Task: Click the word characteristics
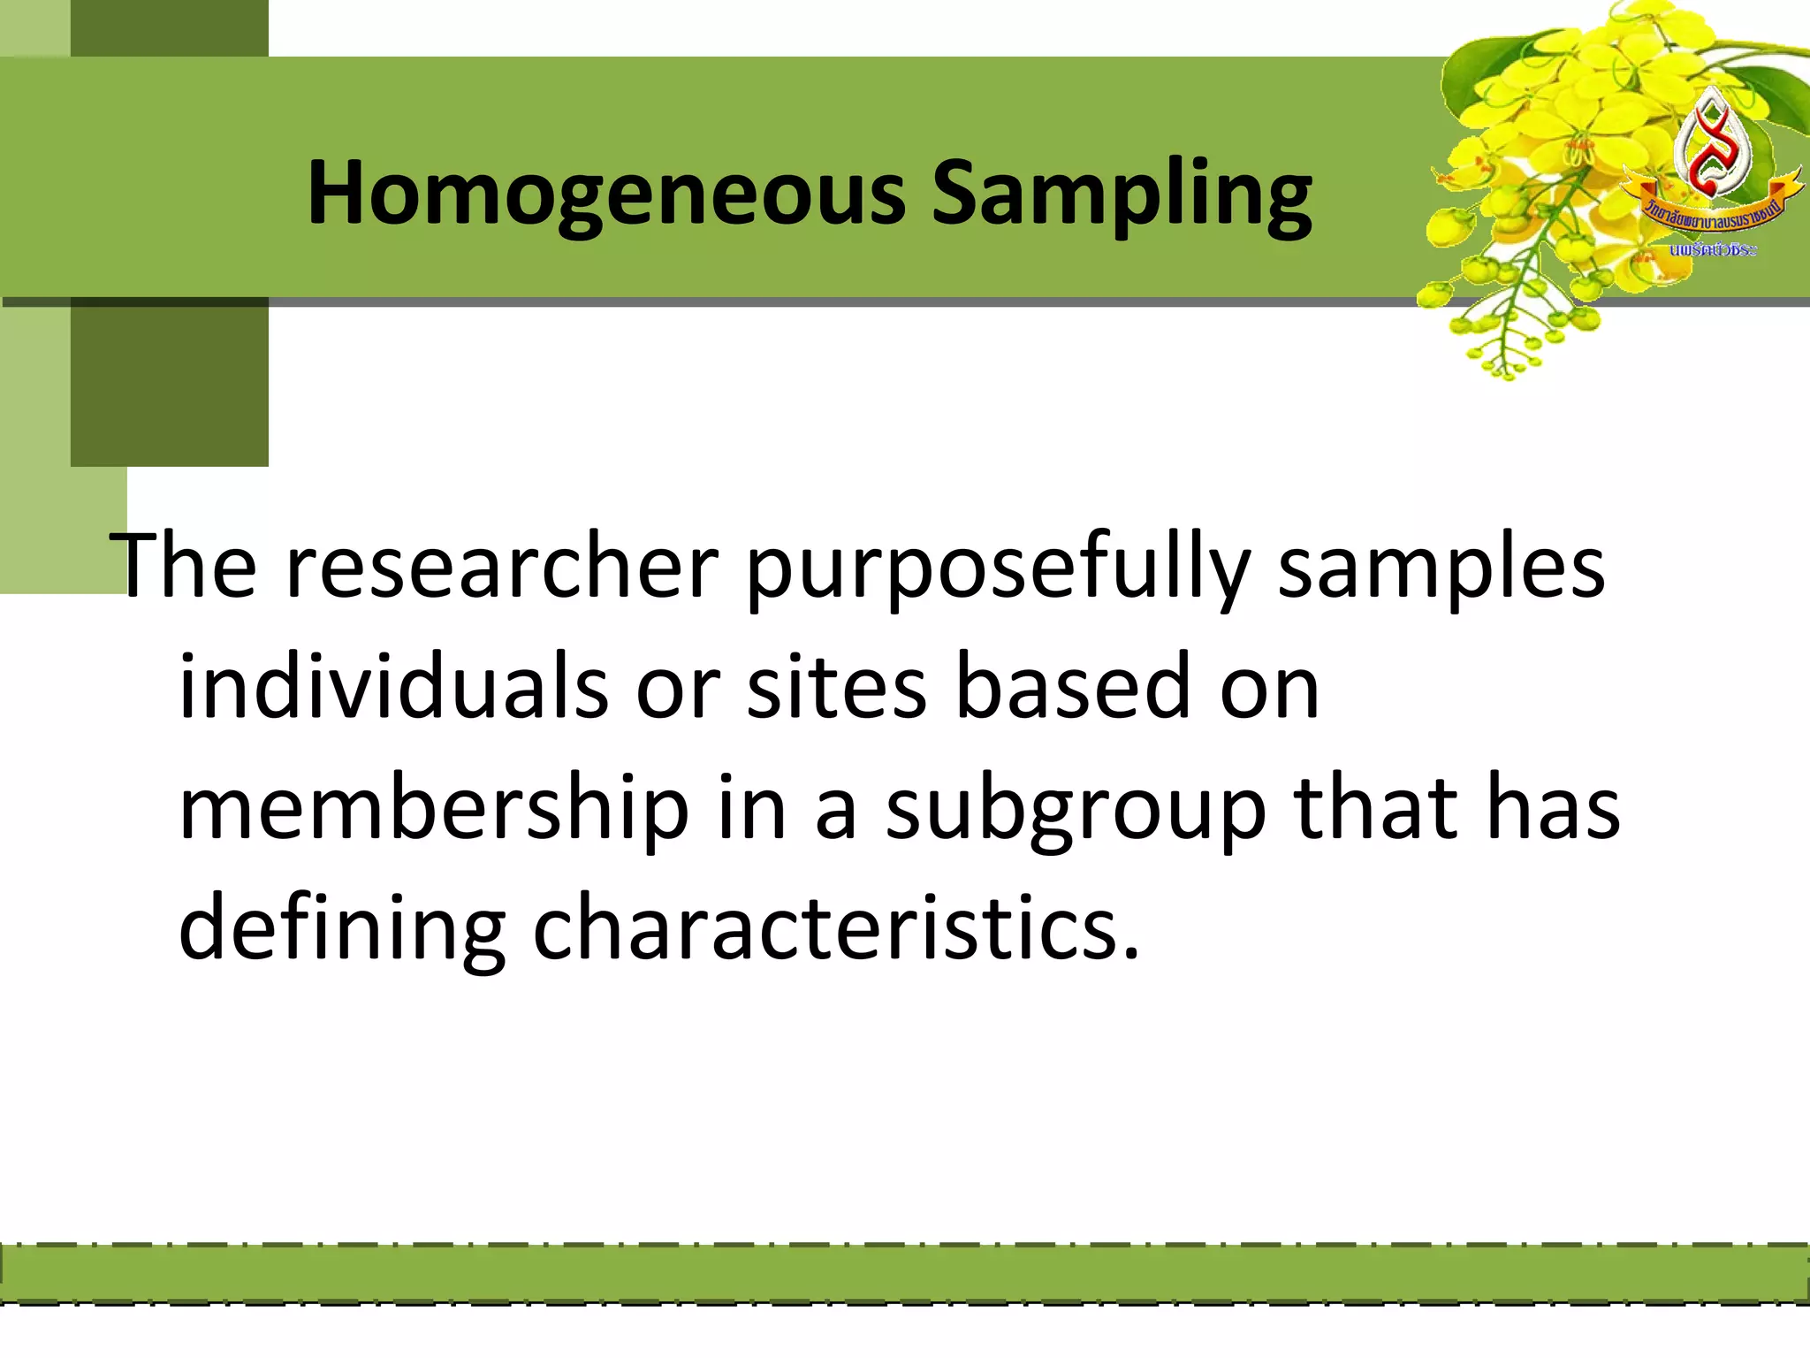[x=835, y=928]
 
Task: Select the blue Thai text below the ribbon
[x=1713, y=250]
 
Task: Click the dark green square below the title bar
[x=169, y=382]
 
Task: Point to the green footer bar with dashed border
[x=905, y=1274]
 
